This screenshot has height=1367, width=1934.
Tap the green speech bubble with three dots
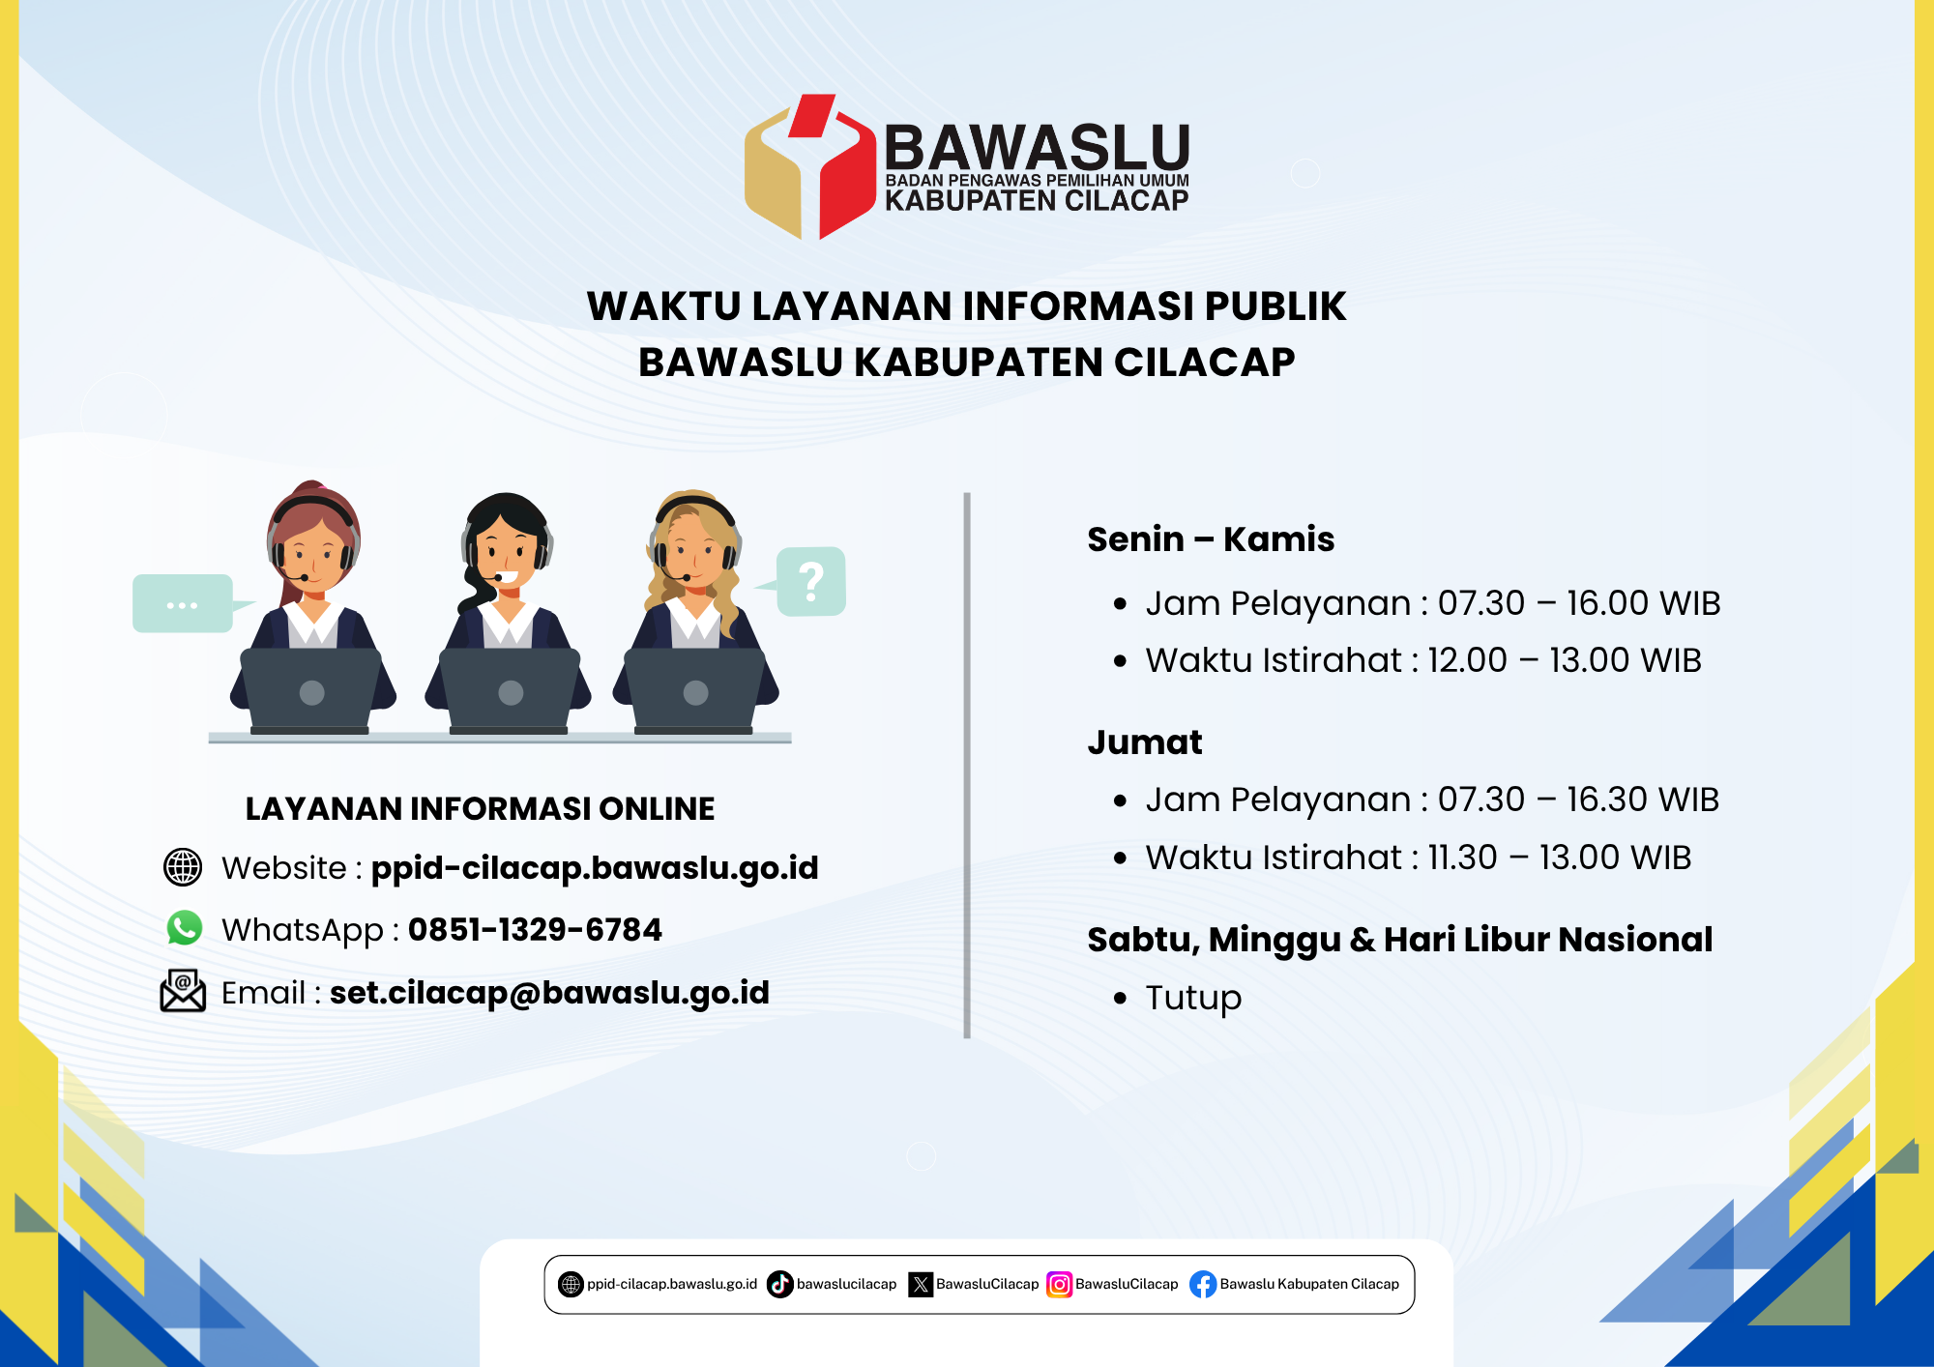pos(183,603)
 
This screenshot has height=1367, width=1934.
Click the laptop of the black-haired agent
pos(510,690)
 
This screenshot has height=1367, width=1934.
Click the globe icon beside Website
pos(183,867)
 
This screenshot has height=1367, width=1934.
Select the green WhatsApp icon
pos(184,928)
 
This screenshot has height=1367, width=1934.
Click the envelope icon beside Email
pos(183,991)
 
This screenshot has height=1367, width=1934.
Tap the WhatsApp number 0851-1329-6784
pos(535,930)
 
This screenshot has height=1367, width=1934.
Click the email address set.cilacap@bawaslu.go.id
pos(549,993)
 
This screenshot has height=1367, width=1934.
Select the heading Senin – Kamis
pos(1211,539)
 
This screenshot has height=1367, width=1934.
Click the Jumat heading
pos(1145,742)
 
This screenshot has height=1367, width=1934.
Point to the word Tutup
pos(1193,998)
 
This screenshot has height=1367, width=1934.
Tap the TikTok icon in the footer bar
pos(779,1284)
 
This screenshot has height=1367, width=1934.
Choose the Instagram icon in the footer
pos(1060,1284)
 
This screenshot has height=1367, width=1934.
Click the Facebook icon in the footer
pos(1203,1284)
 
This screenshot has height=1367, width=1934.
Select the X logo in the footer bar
pos(921,1284)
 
